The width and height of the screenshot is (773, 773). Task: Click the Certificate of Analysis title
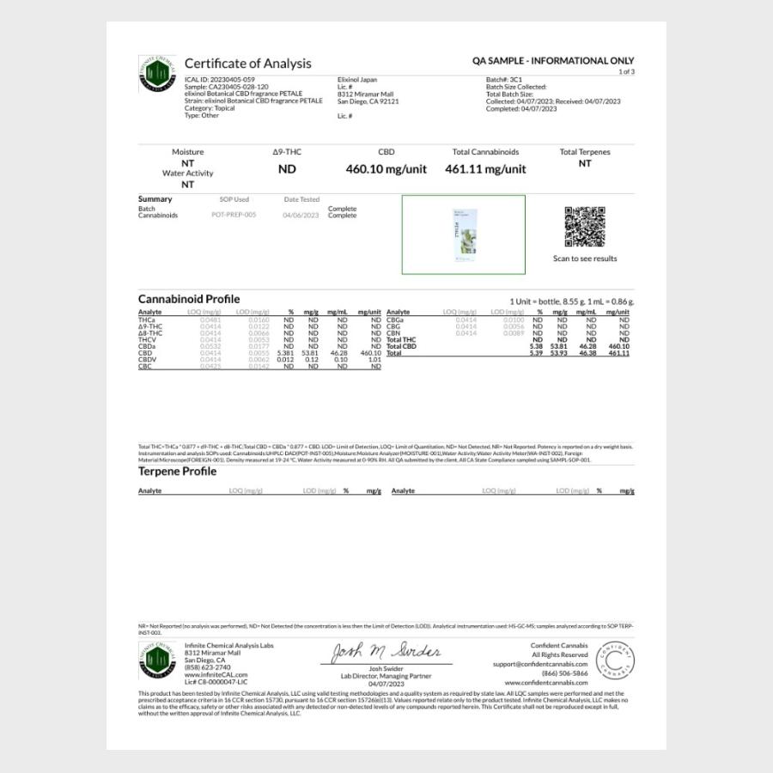[x=247, y=64]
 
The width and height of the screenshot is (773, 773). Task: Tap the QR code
[x=585, y=227]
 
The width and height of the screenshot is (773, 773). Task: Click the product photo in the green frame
[x=463, y=234]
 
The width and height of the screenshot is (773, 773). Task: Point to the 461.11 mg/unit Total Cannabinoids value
[x=485, y=169]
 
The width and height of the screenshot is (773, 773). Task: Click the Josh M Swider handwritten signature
[x=386, y=652]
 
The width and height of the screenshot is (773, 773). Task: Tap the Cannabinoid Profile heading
[x=188, y=299]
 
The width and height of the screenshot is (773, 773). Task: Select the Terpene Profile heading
[x=177, y=472]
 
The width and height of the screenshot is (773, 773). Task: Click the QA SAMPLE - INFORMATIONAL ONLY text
[x=553, y=61]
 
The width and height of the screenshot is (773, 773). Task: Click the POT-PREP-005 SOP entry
[x=234, y=216]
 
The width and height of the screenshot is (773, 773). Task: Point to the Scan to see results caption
[x=585, y=259]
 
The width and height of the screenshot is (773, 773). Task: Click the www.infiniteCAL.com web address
[x=212, y=674]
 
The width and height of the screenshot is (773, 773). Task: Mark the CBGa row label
[x=396, y=320]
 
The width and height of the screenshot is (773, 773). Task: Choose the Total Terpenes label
[x=585, y=152]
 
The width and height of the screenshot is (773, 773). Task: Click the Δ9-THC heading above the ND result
[x=287, y=152]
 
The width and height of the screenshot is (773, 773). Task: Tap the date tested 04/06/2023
[x=301, y=216]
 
